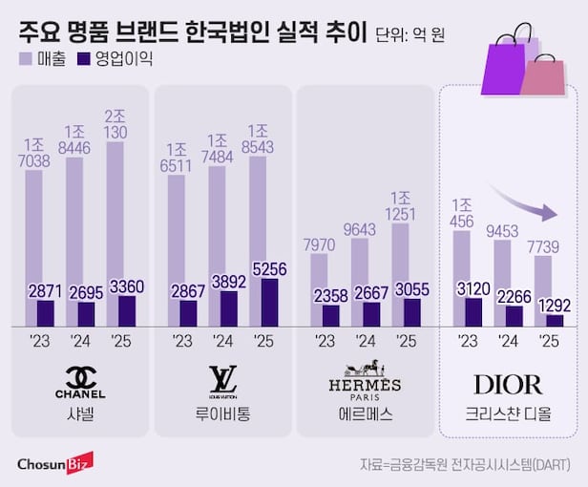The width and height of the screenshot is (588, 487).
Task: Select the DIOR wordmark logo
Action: tap(507, 385)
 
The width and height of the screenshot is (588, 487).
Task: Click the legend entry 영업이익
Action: tap(114, 58)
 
